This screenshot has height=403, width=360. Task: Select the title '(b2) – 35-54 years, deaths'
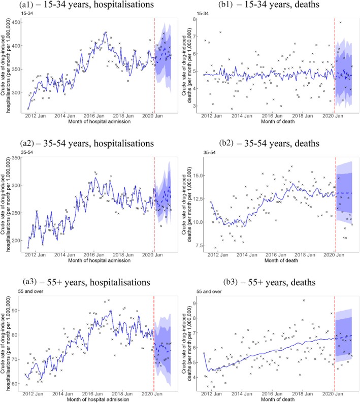257,143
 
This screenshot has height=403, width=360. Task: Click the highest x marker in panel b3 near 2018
304,300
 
